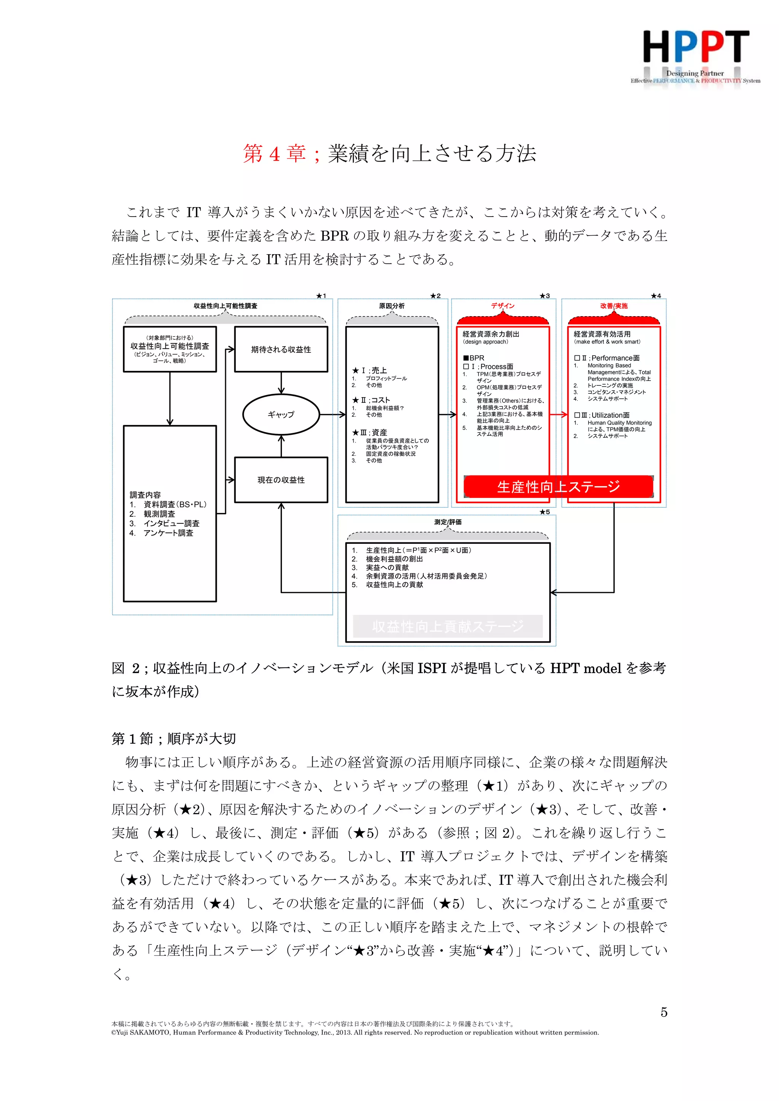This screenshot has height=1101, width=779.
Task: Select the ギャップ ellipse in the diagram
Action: pyautogui.click(x=281, y=414)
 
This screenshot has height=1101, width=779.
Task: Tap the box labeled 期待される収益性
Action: pyautogui.click(x=281, y=349)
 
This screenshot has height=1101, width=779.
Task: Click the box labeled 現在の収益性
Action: pyautogui.click(x=281, y=480)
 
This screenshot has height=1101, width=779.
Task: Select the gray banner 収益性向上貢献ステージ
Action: pyautogui.click(x=447, y=626)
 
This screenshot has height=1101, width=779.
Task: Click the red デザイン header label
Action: pyautogui.click(x=502, y=306)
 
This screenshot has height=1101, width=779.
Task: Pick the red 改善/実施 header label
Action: pyautogui.click(x=614, y=306)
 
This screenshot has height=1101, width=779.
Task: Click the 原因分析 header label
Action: pyautogui.click(x=392, y=306)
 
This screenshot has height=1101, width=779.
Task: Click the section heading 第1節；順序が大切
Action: pyautogui.click(x=174, y=738)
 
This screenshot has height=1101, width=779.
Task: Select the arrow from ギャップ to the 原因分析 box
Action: pyautogui.click(x=332, y=414)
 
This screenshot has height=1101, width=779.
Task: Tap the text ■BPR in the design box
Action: pyautogui.click(x=474, y=358)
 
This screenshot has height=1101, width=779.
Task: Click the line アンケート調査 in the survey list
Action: pyautogui.click(x=168, y=533)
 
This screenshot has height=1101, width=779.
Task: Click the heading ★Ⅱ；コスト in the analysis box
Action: pyautogui.click(x=371, y=400)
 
